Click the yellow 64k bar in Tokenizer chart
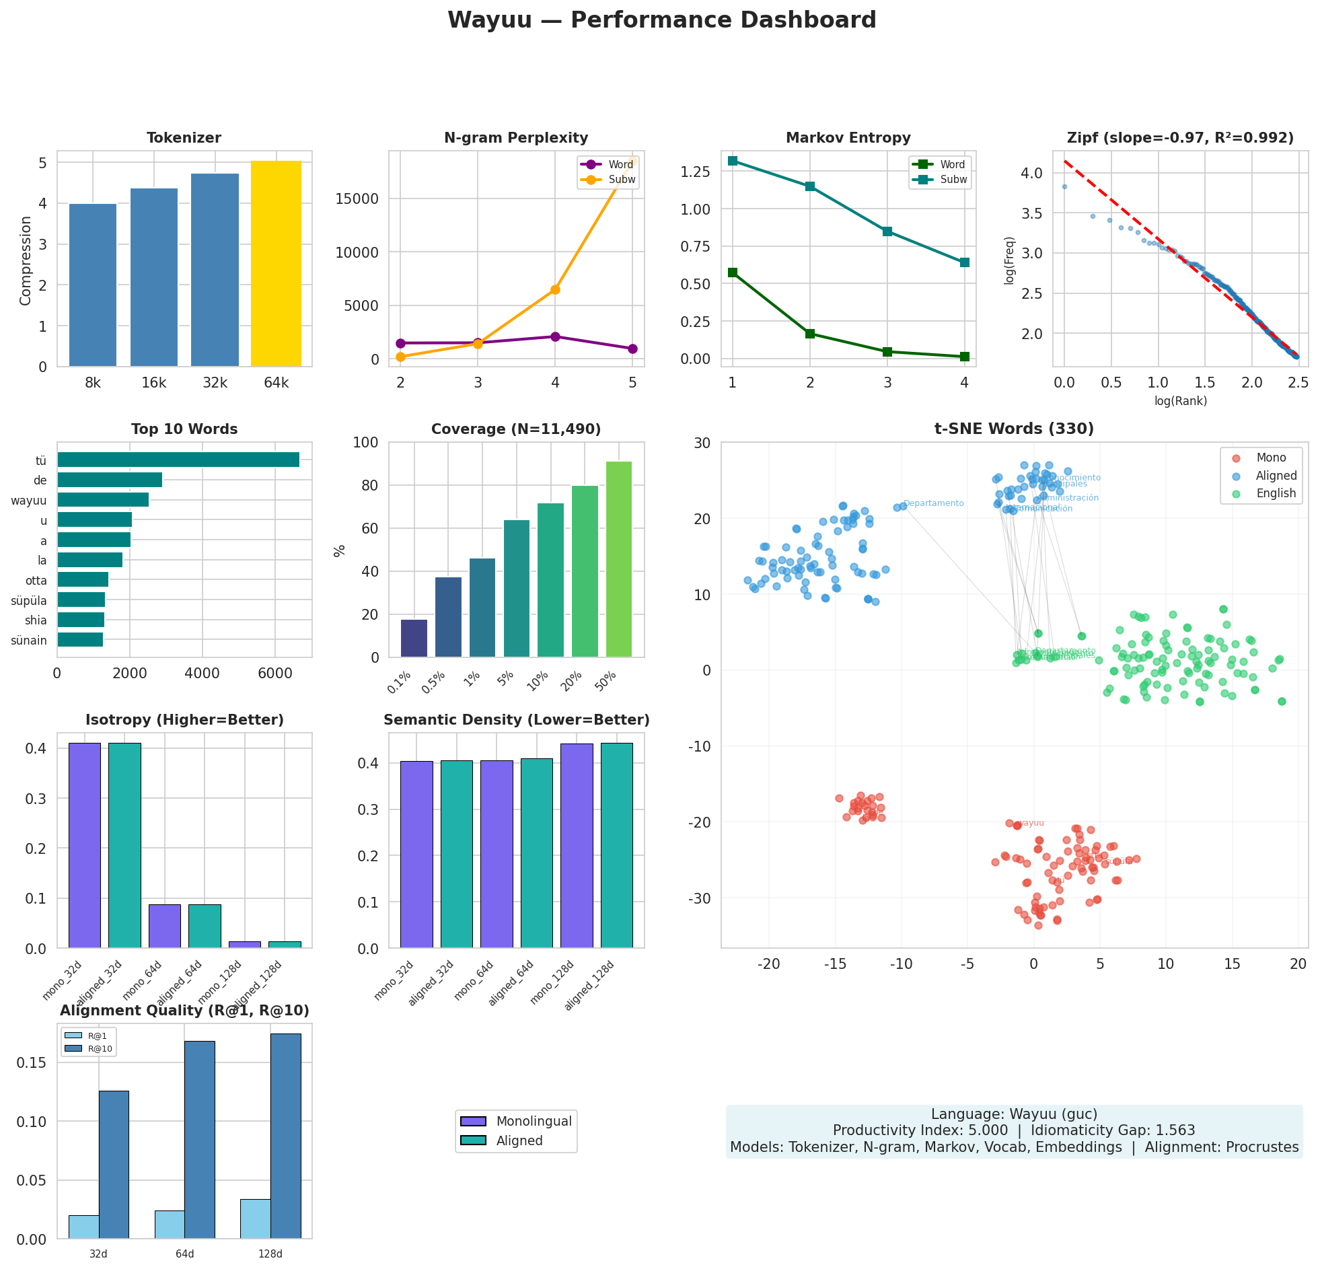tap(276, 263)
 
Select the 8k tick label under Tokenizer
tap(93, 384)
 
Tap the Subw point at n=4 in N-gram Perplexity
tap(555, 289)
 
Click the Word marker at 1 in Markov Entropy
tap(733, 273)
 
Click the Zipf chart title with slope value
tap(1180, 138)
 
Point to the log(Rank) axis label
tap(1180, 401)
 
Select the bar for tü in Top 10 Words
tap(178, 460)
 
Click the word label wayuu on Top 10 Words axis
tap(29, 501)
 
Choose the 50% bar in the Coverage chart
tap(618, 559)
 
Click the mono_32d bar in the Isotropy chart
tap(85, 845)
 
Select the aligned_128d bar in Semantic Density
tap(616, 845)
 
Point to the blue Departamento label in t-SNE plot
tap(933, 503)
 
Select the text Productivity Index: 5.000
tap(920, 1130)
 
